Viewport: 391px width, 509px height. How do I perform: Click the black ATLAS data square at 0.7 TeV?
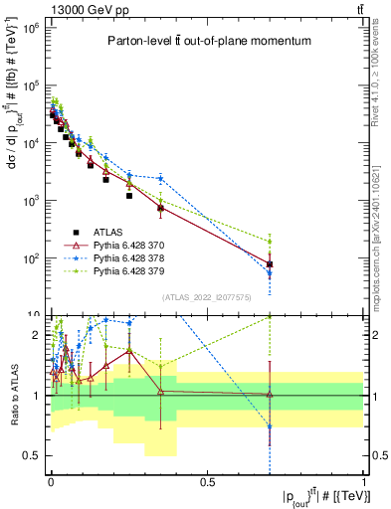coord(270,264)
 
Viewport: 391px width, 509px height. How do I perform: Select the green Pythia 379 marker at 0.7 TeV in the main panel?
coord(270,241)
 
